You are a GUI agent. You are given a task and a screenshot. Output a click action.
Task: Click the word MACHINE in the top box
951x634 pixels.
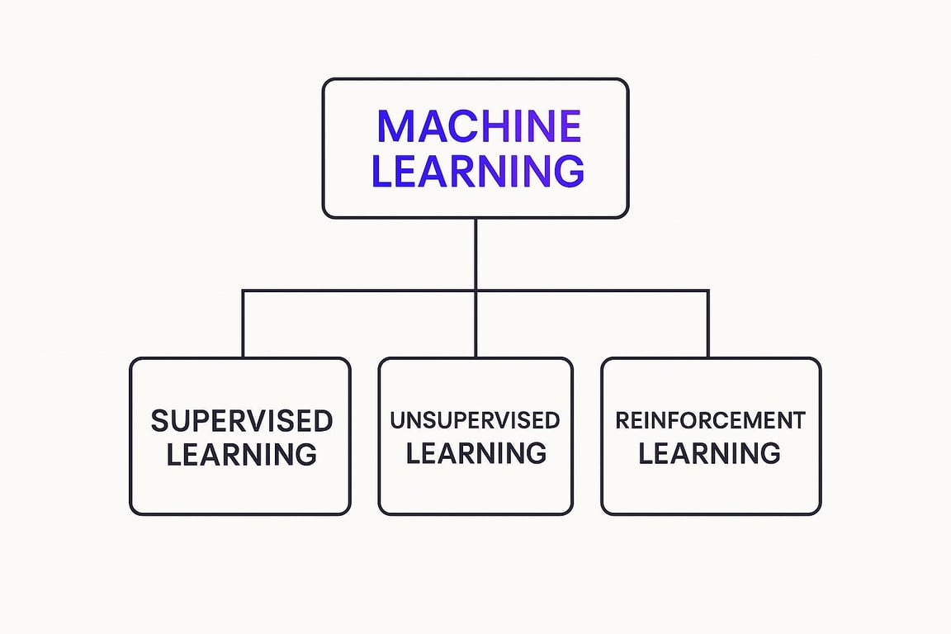tap(479, 126)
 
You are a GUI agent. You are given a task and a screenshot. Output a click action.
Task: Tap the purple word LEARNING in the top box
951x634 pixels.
tap(478, 171)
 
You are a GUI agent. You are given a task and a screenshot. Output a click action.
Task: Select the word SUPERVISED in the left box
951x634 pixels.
tap(241, 421)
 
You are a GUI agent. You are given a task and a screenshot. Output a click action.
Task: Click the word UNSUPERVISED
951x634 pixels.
tap(475, 420)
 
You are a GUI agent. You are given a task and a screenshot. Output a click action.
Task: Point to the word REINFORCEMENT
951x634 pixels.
tap(710, 420)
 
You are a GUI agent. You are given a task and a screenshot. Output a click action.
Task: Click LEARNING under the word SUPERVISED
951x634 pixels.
tap(241, 454)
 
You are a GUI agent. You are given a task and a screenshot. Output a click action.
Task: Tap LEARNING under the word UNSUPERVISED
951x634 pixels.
tap(476, 453)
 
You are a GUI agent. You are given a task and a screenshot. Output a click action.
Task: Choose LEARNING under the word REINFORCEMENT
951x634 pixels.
tap(709, 453)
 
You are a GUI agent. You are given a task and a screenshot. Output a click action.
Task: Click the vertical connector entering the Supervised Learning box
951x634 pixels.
tap(243, 324)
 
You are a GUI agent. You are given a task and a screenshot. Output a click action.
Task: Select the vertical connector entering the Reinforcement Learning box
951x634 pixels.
tap(707, 324)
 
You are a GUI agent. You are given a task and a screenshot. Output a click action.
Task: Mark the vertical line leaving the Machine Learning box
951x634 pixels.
tap(475, 253)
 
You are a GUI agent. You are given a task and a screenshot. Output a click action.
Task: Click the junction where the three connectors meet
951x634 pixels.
tap(475, 291)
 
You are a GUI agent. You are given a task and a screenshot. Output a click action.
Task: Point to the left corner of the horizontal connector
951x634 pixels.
tap(243, 291)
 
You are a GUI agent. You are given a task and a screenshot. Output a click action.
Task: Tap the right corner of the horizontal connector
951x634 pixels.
tap(707, 291)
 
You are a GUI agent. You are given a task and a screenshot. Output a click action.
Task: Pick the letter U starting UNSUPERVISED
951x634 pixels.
tap(397, 420)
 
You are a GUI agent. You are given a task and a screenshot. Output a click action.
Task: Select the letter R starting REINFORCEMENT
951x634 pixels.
tap(622, 420)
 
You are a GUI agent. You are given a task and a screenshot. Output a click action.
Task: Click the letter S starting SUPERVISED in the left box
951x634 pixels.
tap(158, 421)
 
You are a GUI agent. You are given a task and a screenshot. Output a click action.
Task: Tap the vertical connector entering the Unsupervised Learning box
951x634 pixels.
tap(475, 324)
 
